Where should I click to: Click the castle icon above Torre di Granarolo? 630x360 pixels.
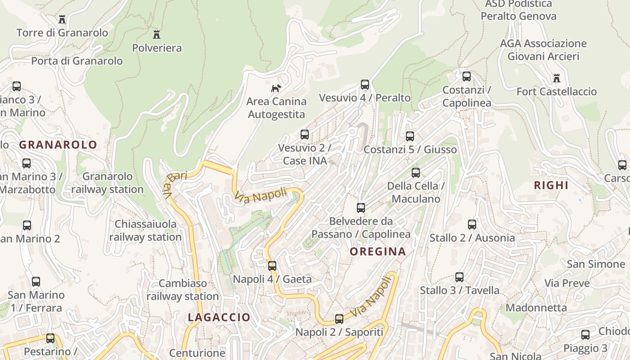[62, 19]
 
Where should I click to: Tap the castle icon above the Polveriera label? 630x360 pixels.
[157, 34]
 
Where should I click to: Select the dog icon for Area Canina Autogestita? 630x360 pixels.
[276, 88]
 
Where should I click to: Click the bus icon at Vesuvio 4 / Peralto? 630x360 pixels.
[365, 85]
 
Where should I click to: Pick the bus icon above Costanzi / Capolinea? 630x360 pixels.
[467, 76]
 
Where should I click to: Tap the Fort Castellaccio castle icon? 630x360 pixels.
[557, 78]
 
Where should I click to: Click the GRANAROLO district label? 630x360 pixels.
[58, 144]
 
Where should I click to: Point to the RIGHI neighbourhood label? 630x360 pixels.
[551, 185]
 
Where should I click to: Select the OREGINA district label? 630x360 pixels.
[378, 252]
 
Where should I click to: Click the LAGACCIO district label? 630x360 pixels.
[219, 317]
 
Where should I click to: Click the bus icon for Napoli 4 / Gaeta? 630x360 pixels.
[272, 265]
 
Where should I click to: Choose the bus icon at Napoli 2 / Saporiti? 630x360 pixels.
[339, 319]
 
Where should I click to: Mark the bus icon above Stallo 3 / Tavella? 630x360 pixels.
[459, 277]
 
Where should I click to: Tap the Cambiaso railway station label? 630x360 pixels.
[182, 290]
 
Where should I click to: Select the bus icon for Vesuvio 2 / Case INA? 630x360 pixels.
[305, 134]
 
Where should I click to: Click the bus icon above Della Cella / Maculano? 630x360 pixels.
[416, 172]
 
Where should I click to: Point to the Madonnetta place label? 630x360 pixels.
[536, 308]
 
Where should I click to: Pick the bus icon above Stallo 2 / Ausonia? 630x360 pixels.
[472, 224]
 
